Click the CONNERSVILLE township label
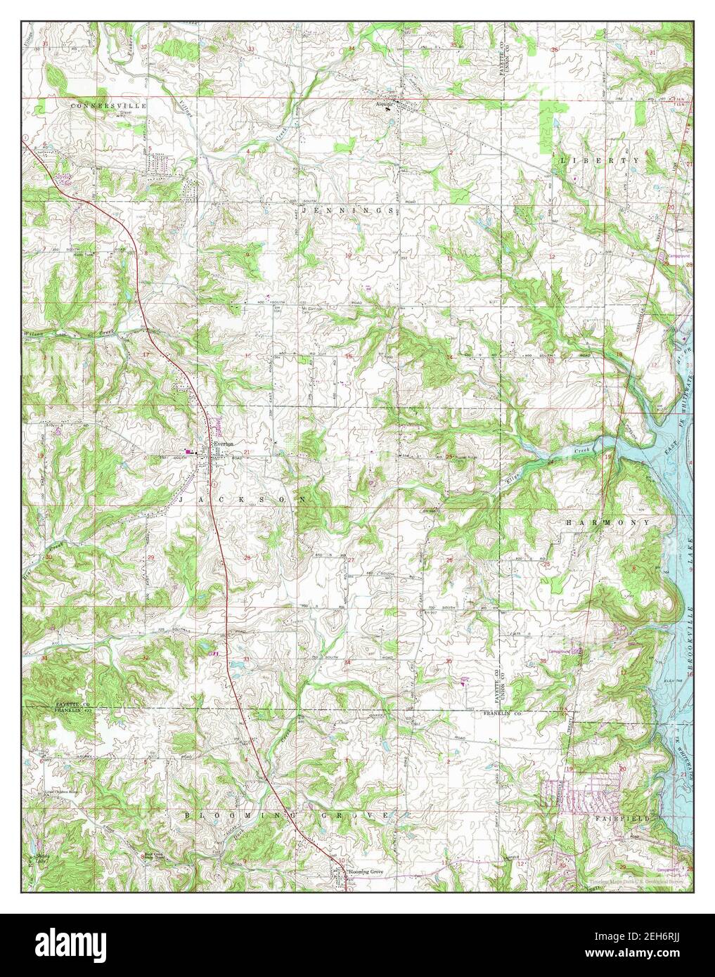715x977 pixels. click(108, 105)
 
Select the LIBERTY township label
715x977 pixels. click(600, 160)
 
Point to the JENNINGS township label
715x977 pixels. click(347, 210)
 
